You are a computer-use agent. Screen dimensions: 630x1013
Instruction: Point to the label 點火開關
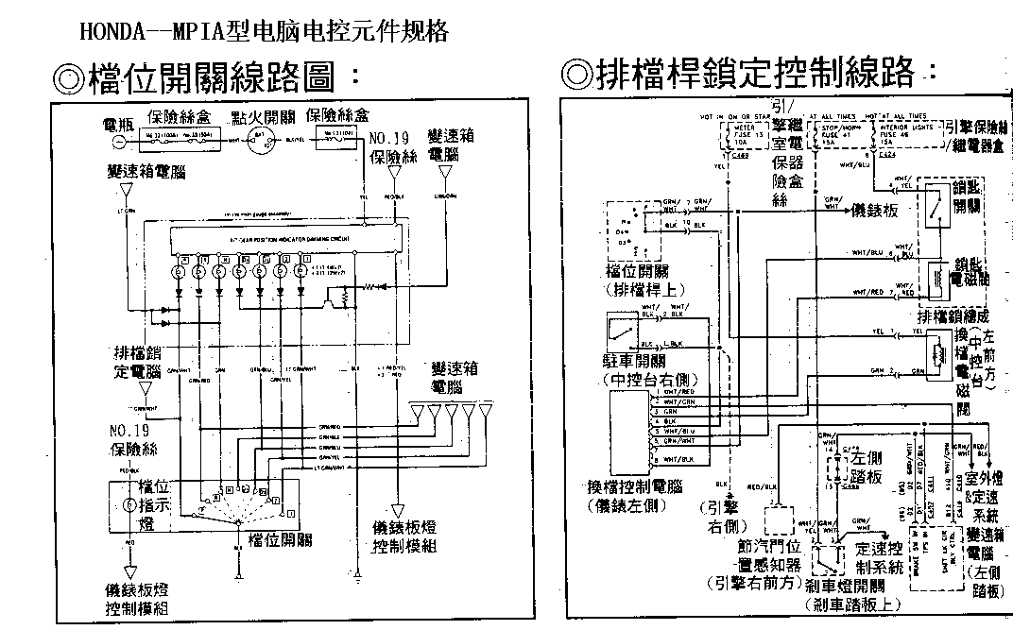click(x=264, y=117)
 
